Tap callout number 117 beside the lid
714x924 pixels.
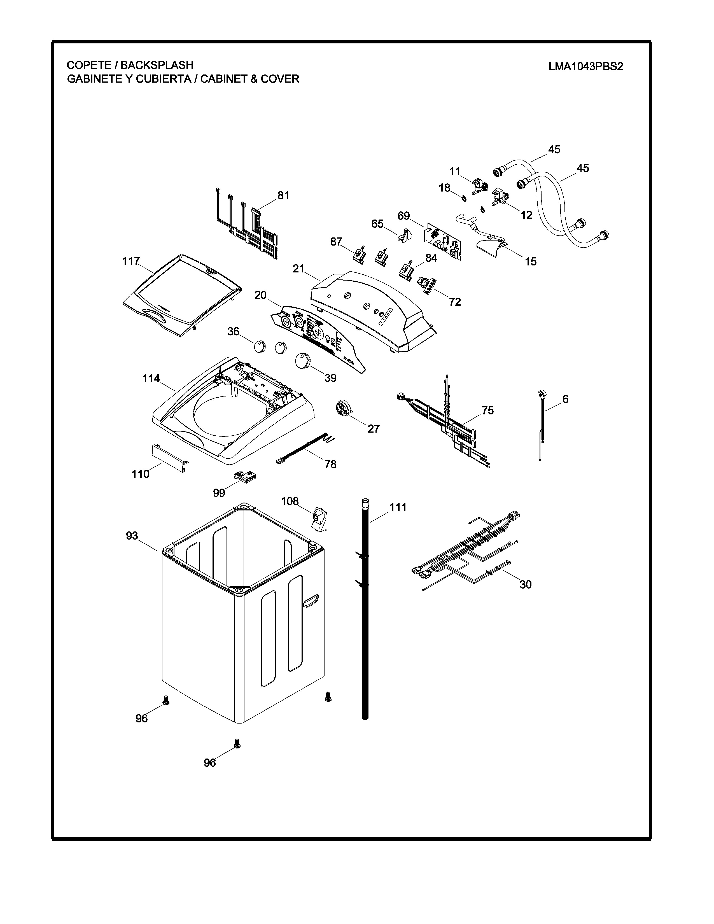(131, 262)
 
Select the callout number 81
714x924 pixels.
(283, 195)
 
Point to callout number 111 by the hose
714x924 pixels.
(398, 507)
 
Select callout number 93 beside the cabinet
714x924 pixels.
(132, 536)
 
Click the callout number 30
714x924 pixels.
(525, 584)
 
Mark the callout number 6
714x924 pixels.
(565, 399)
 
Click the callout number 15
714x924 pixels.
(530, 262)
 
